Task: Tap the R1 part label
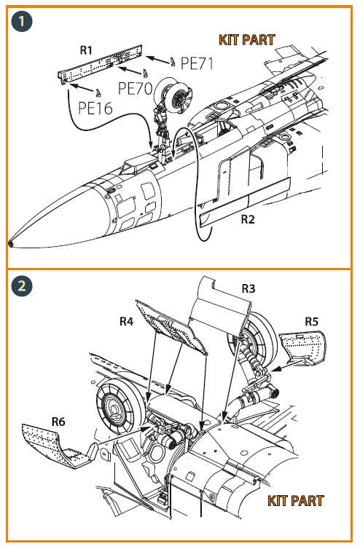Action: point(86,50)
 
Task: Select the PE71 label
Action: point(197,63)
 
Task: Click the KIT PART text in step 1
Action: point(247,40)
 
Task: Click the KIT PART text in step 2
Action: point(295,501)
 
